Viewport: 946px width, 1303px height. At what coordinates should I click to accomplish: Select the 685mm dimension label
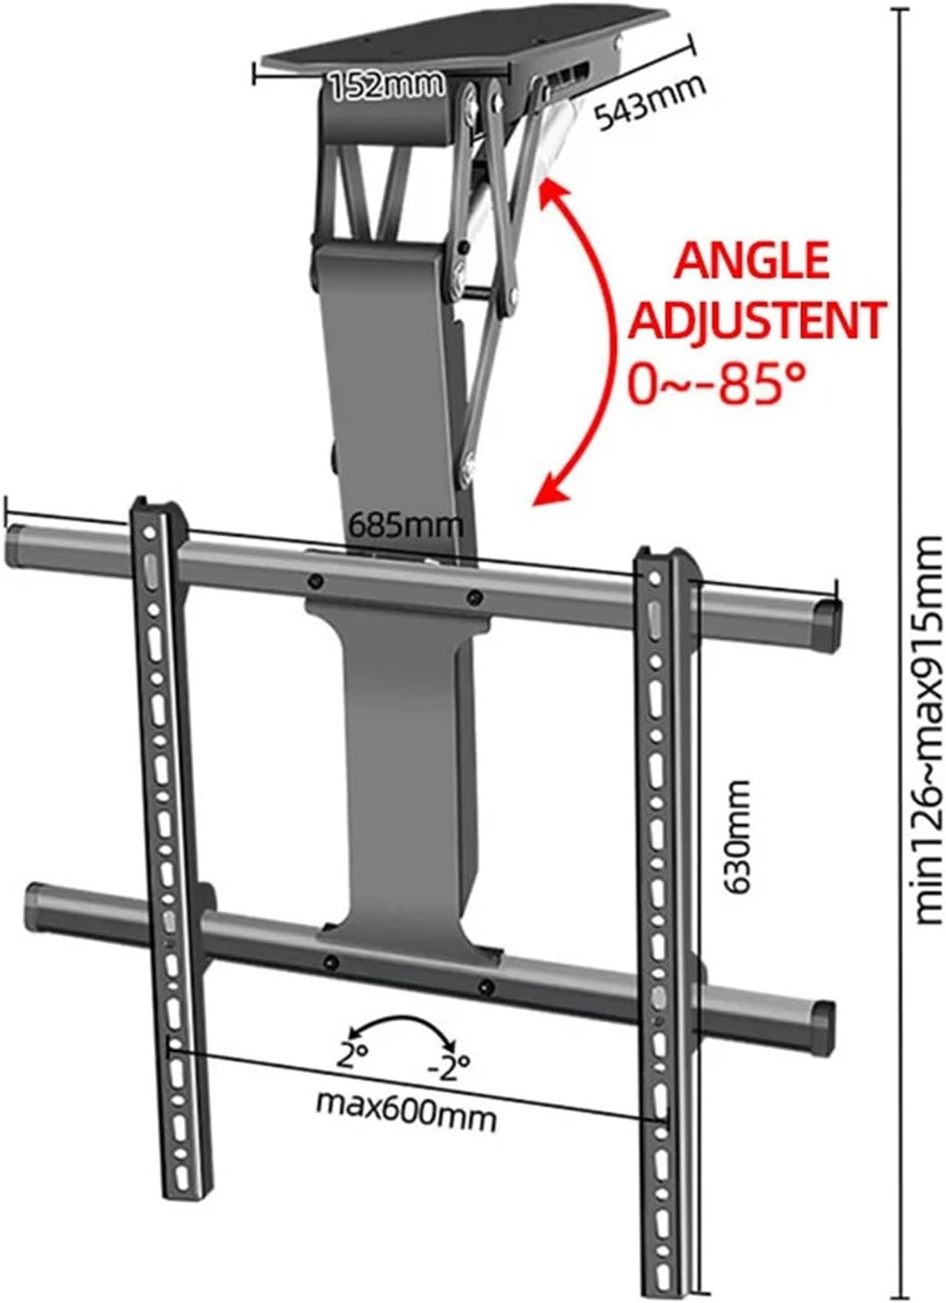[405, 524]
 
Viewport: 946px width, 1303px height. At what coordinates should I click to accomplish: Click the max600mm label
[406, 1109]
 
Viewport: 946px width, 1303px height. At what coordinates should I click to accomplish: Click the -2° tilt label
[448, 1064]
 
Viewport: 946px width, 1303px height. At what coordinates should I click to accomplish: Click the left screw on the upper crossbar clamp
[315, 582]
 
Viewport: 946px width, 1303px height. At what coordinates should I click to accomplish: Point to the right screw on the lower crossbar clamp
[485, 985]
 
